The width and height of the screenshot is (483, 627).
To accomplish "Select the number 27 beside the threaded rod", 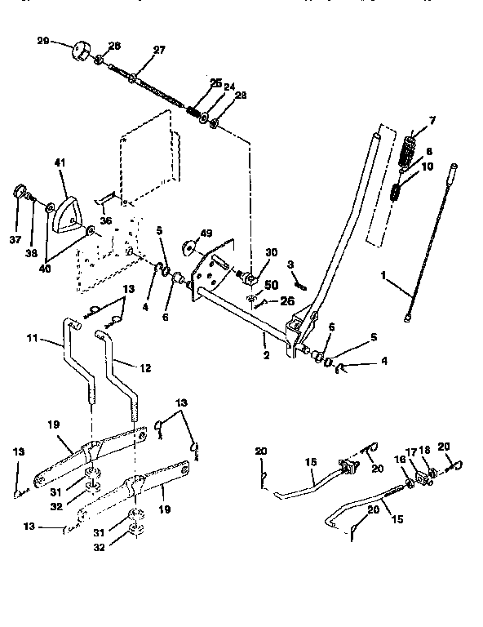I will pyautogui.click(x=158, y=50).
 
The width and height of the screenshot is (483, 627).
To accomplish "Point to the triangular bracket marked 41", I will pyautogui.click(x=64, y=205).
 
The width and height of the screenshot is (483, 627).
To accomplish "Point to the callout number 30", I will pyautogui.click(x=271, y=253).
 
